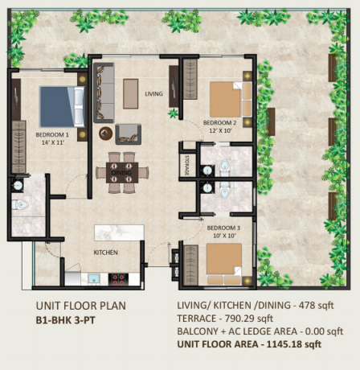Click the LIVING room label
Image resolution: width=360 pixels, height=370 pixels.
(x=153, y=93)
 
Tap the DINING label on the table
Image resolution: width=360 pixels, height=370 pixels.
(x=121, y=173)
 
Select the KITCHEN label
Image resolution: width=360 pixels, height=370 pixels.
(x=105, y=253)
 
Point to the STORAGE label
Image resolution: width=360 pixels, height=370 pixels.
(x=186, y=165)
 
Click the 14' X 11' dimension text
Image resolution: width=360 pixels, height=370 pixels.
(x=53, y=142)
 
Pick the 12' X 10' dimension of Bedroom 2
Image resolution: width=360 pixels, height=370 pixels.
(x=219, y=130)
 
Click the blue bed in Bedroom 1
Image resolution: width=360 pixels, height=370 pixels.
(x=62, y=106)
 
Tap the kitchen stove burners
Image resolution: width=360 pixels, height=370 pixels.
(x=118, y=279)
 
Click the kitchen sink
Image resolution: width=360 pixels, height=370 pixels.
(x=94, y=279)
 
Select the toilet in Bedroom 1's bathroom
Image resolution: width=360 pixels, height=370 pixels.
(x=21, y=205)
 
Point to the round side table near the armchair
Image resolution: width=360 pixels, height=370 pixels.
(x=105, y=134)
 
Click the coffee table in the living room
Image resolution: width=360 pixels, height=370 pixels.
(x=131, y=93)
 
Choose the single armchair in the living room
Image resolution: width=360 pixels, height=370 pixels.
(x=129, y=134)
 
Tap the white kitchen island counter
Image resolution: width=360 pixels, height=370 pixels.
(x=119, y=232)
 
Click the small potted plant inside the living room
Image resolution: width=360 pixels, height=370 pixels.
(x=174, y=113)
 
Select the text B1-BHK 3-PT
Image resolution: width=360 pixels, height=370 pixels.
(x=66, y=320)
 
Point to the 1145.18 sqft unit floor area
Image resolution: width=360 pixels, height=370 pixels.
(x=293, y=344)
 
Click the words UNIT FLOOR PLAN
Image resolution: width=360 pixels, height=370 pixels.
(x=81, y=306)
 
